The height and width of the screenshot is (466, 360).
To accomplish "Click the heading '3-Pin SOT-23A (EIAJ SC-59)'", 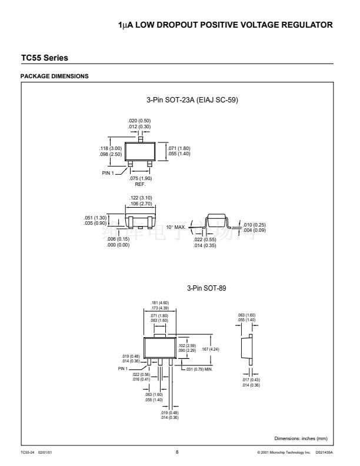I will [192, 100].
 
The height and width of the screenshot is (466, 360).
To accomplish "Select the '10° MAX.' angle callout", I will [175, 227].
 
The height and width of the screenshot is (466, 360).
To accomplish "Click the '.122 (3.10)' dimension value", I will [141, 198].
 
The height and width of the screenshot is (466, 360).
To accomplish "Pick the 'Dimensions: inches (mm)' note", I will [299, 438].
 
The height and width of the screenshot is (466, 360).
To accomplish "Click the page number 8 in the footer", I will [178, 451].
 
